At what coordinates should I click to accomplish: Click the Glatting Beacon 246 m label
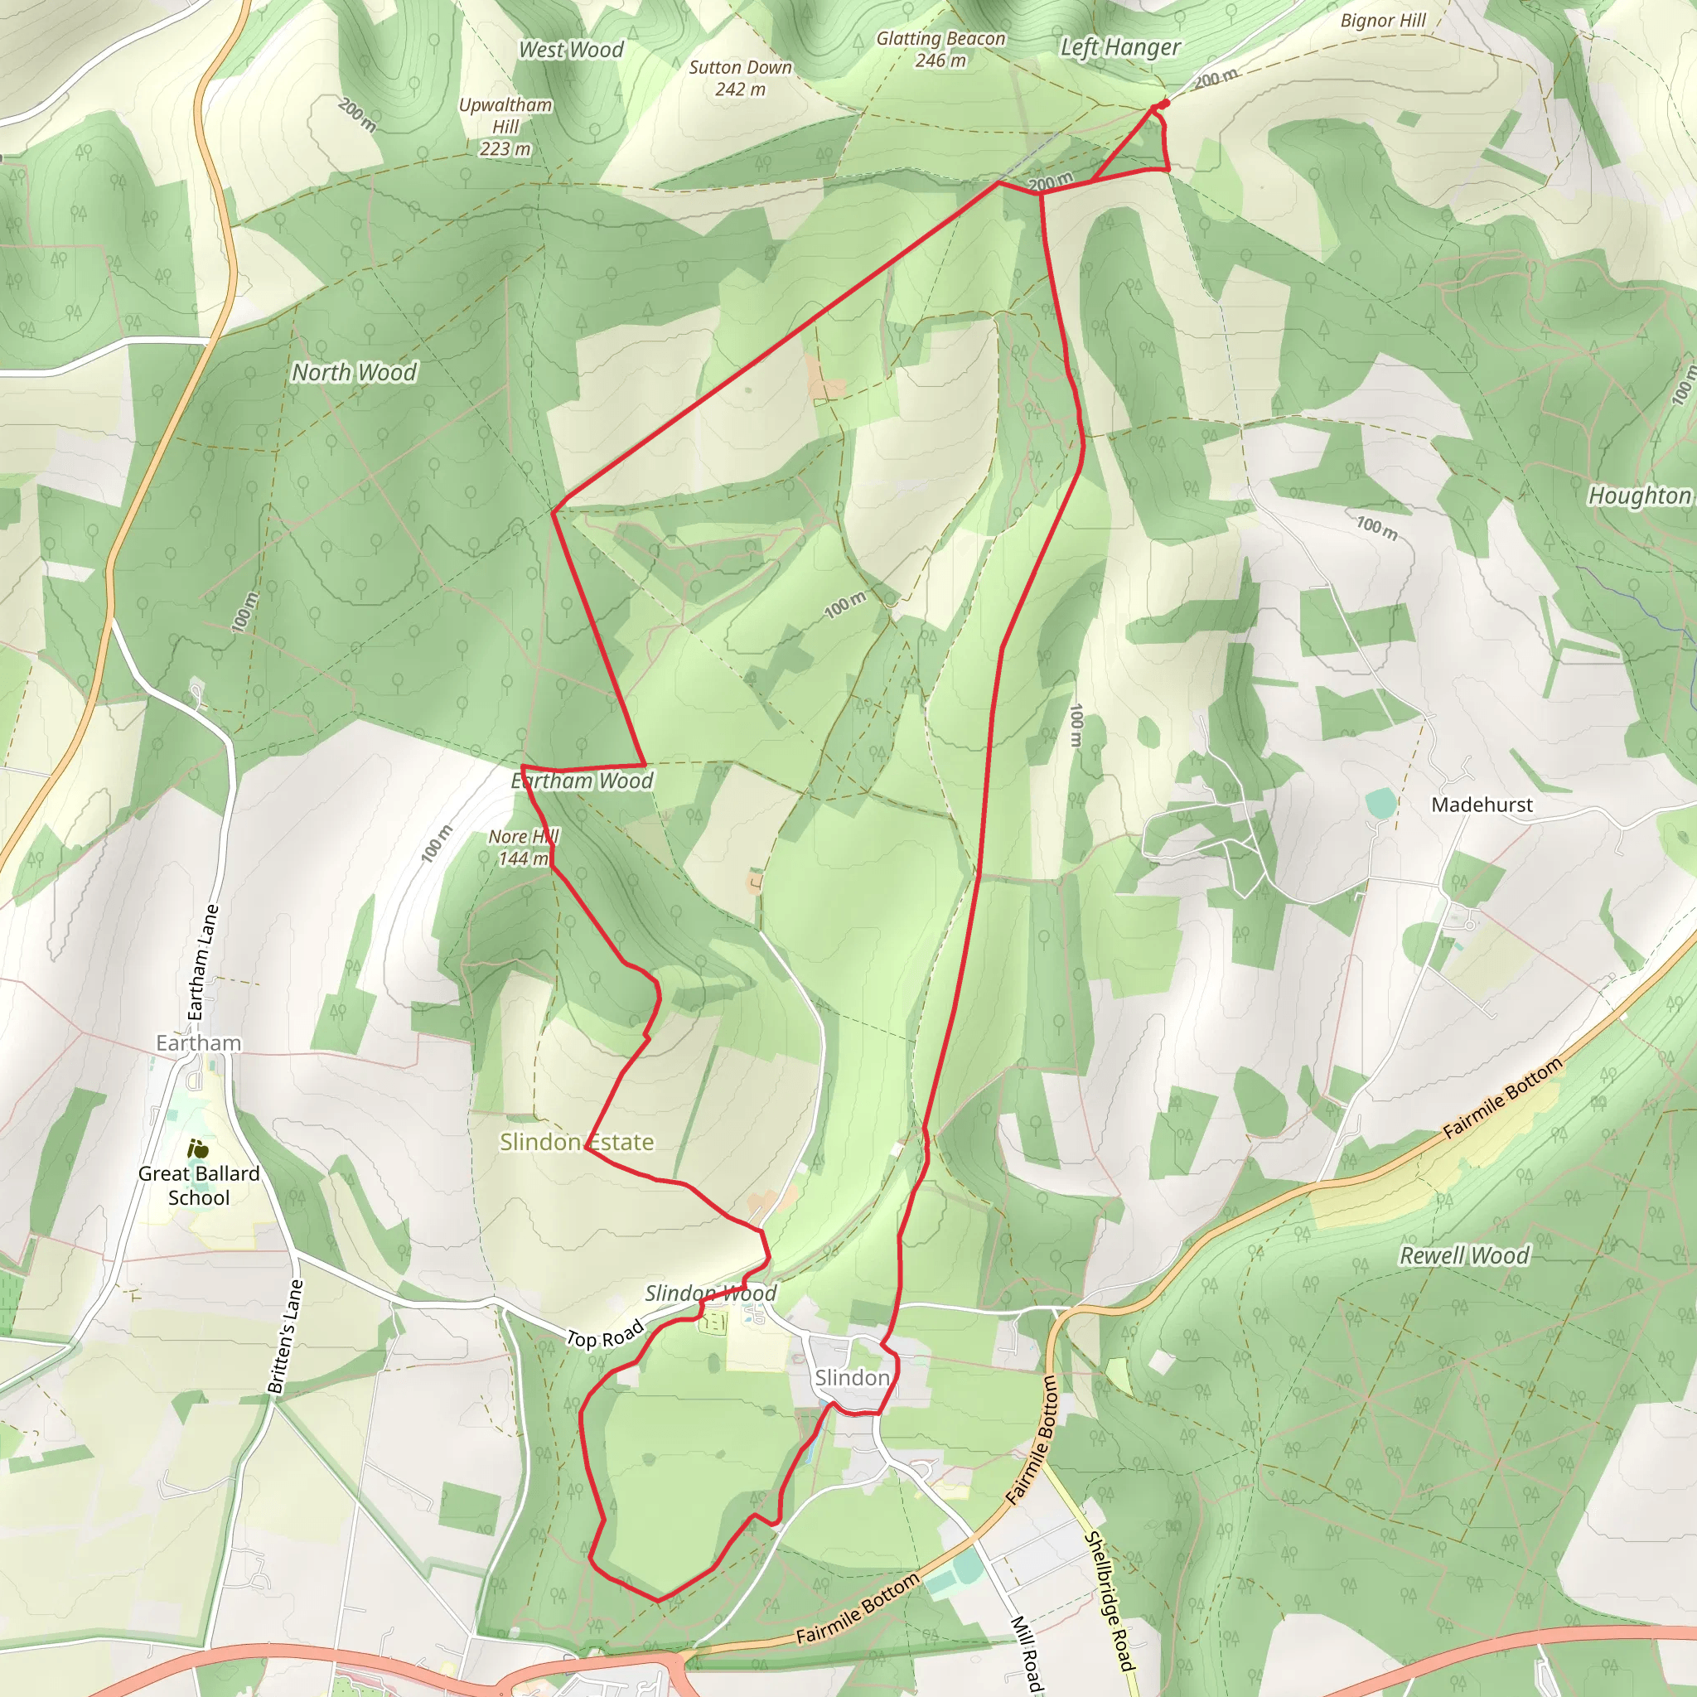[940, 49]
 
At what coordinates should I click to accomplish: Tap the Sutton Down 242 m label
[740, 78]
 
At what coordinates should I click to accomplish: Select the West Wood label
[571, 50]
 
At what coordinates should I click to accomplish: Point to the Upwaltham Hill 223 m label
[505, 127]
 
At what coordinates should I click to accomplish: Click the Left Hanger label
[1120, 47]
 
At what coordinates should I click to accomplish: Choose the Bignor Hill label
[1383, 21]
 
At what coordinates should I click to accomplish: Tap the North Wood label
[354, 372]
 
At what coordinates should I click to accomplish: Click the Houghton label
[1639, 496]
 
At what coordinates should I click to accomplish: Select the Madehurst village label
[1482, 805]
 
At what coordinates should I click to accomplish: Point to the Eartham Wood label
[583, 781]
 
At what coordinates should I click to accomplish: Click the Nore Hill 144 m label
[524, 848]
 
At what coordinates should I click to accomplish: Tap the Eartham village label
[199, 1042]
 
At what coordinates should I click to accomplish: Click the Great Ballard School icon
[200, 1148]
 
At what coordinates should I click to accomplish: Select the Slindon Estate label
[576, 1142]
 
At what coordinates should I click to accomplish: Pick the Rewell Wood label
[1464, 1256]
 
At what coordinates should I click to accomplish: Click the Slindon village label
[852, 1377]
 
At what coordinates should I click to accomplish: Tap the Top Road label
[604, 1336]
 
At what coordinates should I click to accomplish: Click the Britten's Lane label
[286, 1337]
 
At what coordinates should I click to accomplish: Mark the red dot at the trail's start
[1165, 104]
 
